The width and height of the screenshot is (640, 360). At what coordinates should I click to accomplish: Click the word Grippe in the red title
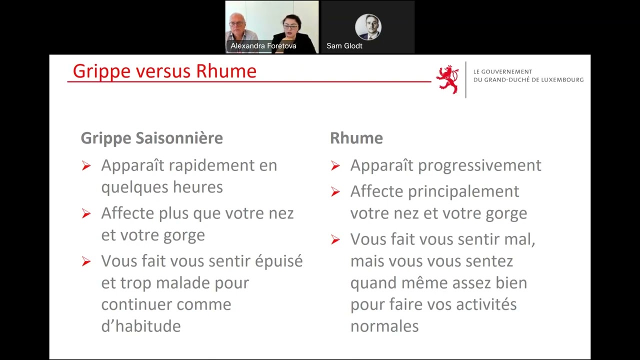pos(101,71)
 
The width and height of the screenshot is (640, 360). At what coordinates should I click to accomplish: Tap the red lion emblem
pos(447,79)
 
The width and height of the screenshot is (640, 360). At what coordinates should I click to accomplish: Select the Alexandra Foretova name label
pos(263,45)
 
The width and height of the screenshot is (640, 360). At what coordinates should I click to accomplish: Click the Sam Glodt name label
pos(344,45)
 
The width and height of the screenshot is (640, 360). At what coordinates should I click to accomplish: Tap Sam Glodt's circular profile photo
pos(368,27)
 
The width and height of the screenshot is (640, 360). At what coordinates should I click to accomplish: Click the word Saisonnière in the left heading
pos(179,138)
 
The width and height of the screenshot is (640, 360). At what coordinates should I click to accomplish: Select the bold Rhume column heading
pos(356,138)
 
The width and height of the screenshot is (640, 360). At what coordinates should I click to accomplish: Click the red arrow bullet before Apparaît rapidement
pos(86,165)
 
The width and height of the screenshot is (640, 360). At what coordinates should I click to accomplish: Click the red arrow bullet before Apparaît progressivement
pos(335,165)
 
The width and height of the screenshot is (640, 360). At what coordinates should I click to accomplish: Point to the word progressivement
pos(479,166)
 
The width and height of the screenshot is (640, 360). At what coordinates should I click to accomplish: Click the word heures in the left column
pos(197,187)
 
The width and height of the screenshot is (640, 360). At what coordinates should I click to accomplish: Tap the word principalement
pos(463,192)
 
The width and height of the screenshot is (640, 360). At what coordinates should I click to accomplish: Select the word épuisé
pos(278,261)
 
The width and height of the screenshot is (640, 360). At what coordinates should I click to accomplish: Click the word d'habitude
pos(141,326)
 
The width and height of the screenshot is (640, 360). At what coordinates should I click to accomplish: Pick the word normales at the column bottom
pos(384,326)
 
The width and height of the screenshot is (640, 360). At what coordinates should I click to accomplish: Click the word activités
pos(486,304)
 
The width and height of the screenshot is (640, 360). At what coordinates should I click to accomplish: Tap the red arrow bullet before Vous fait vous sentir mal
pos(335,239)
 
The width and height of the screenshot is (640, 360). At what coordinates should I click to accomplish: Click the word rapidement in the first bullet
pos(211,166)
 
